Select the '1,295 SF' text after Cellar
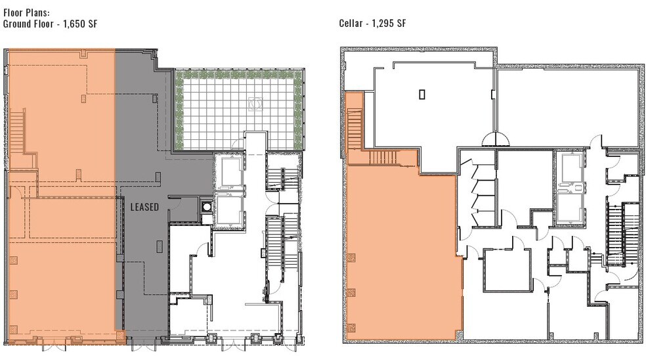pos(389,24)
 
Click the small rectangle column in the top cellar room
pos(421,94)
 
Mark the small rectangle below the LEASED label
pos(160,247)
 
